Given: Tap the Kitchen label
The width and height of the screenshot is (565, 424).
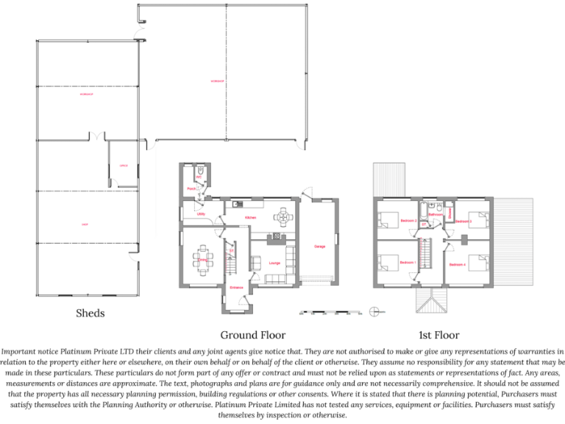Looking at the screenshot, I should tap(251, 218).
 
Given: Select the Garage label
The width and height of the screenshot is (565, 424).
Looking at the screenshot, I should tap(319, 246).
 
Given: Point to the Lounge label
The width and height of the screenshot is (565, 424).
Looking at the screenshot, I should tap(274, 263).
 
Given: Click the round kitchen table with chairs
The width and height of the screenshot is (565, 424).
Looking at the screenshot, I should tap(282, 219).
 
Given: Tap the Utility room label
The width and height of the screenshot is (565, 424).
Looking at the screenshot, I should tap(201, 214).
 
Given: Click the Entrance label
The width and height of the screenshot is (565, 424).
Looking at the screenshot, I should tap(236, 287).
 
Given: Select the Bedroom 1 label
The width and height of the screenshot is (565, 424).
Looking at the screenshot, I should tap(408, 263).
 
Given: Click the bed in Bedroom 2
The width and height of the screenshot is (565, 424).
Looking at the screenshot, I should tap(387, 219).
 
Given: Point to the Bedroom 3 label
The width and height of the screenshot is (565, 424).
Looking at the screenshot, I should tap(464, 221).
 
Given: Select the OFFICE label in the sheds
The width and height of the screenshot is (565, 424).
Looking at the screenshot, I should tap(124, 166).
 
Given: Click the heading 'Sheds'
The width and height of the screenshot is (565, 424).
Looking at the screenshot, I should tap(90, 313).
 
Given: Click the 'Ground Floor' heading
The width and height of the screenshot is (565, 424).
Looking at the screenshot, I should tap(253, 335).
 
